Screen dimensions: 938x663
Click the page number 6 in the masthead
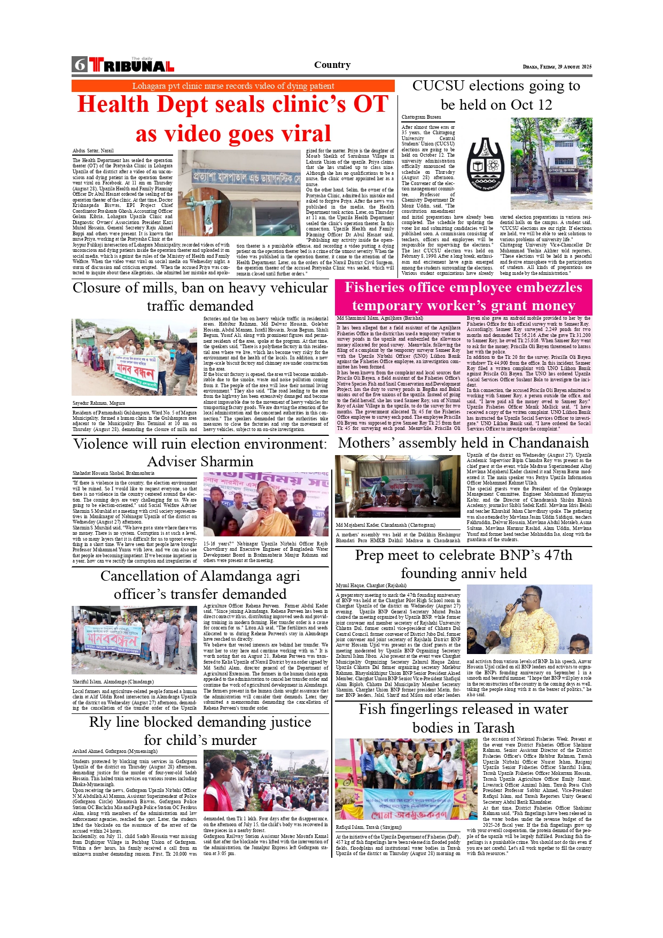click(x=80, y=65)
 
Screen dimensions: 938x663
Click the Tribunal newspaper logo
click(x=131, y=65)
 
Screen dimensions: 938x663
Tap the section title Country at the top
click(x=332, y=65)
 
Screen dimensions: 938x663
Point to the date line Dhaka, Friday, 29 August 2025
click(x=557, y=67)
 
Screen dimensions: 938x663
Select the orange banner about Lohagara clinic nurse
click(x=233, y=86)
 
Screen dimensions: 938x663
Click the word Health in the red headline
click(x=113, y=104)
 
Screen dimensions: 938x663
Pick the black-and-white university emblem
click(x=485, y=163)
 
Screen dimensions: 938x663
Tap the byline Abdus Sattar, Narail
click(x=93, y=151)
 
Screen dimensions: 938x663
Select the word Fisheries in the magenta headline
click(x=376, y=288)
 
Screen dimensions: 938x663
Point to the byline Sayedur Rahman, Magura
click(x=99, y=403)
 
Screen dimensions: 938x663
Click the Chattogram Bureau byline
click(x=421, y=117)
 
